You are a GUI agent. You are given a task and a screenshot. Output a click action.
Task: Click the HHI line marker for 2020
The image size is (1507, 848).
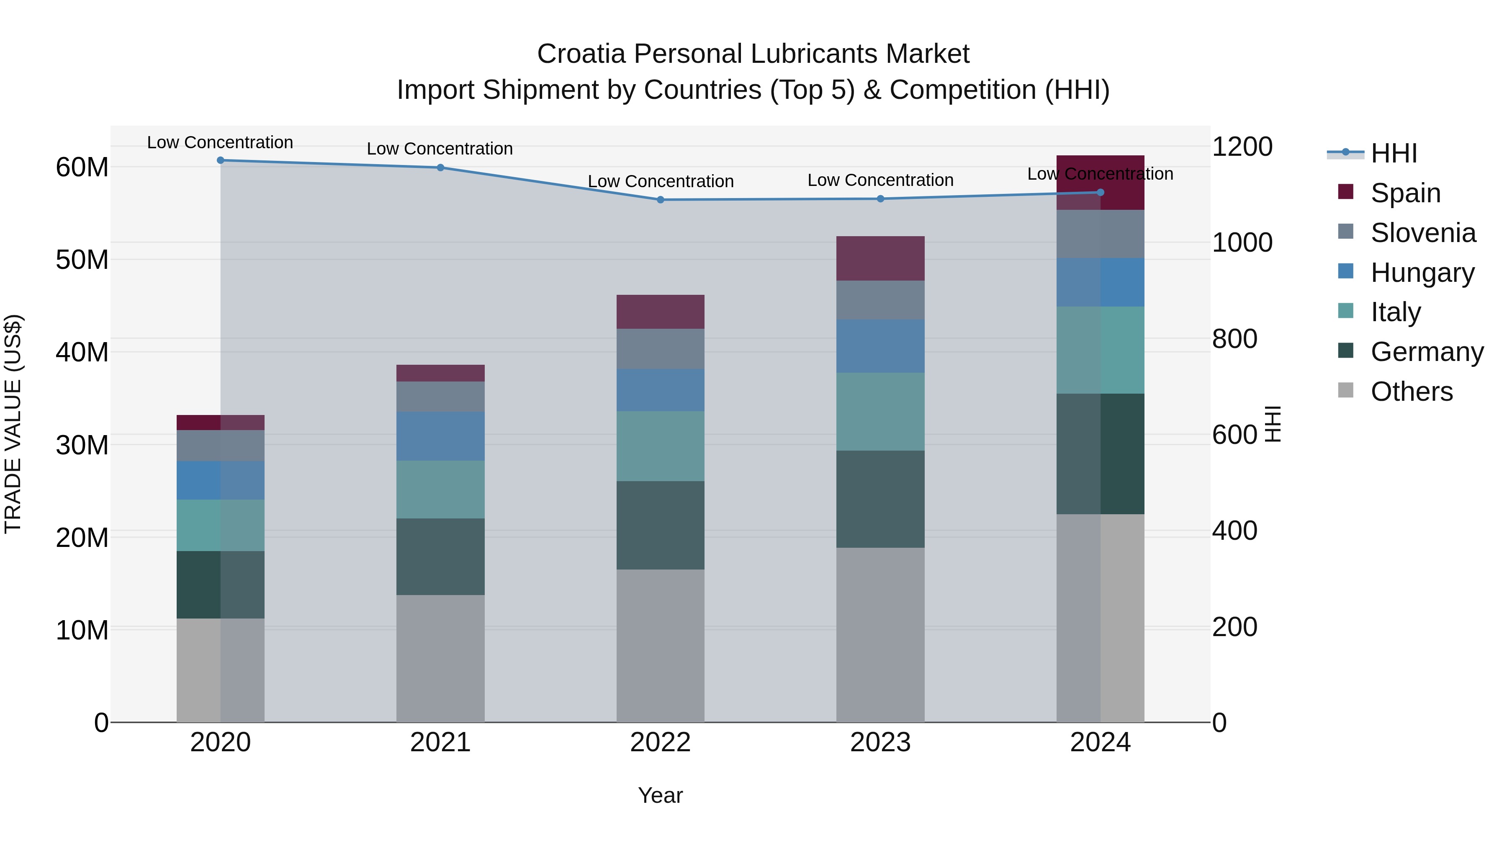[221, 160]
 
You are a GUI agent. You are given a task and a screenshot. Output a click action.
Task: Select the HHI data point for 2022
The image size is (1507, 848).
[661, 200]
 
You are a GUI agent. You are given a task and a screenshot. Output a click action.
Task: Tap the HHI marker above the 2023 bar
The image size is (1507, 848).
[880, 198]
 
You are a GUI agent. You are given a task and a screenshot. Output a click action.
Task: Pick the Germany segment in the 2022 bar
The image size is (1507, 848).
[661, 525]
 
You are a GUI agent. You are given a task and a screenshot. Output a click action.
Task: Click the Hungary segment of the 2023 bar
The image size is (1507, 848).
[880, 346]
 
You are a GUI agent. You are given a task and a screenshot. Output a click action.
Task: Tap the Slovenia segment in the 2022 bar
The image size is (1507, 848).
[661, 349]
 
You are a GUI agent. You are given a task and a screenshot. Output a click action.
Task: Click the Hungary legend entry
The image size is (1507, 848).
[1422, 272]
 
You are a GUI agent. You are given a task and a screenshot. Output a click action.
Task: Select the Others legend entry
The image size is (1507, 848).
[1411, 392]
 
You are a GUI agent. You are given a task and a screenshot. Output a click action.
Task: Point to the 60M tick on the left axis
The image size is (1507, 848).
[82, 168]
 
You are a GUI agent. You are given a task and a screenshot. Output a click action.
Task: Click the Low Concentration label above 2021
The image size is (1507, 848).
[440, 149]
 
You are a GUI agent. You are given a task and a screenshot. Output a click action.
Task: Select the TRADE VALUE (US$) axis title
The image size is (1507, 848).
[13, 424]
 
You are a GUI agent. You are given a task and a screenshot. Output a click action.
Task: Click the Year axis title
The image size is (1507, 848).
[661, 795]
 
